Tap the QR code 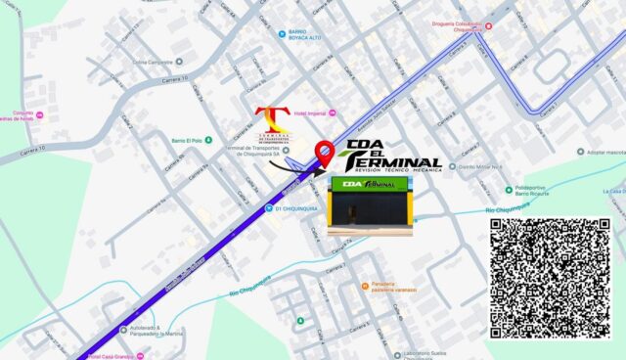pyautogui.click(x=549, y=278)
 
